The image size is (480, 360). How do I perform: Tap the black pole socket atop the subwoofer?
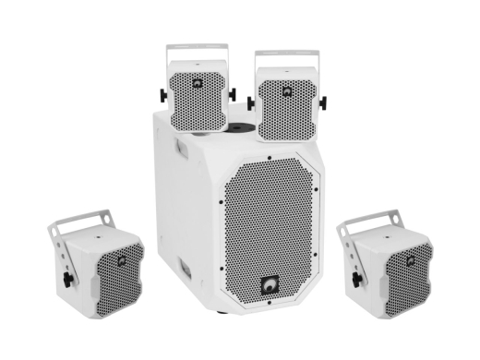(x=237, y=126)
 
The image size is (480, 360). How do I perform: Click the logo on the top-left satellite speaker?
(x=198, y=82)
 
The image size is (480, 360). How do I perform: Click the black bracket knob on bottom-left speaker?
(x=67, y=276)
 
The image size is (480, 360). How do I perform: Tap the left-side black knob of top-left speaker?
(x=163, y=93)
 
